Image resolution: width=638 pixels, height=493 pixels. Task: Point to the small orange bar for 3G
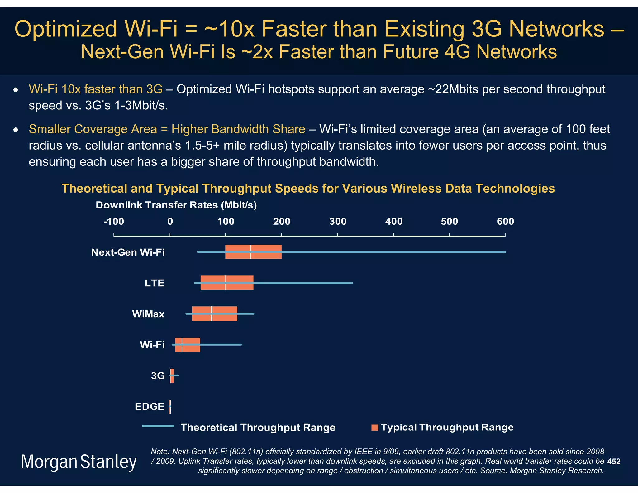[x=172, y=376]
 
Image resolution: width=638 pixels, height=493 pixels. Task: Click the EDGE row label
[x=149, y=406]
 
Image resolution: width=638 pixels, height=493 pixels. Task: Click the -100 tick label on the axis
[x=114, y=222]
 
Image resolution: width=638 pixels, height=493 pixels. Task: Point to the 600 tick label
[x=505, y=222]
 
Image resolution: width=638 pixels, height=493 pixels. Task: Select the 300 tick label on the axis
[x=338, y=222]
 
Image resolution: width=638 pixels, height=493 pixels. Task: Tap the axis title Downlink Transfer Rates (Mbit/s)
[x=176, y=205]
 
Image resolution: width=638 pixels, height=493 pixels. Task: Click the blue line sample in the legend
[x=158, y=426]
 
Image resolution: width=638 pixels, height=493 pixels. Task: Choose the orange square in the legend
[x=374, y=428]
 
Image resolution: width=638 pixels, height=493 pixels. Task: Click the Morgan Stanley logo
[x=79, y=462]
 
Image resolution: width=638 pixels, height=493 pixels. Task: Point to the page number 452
[x=613, y=462]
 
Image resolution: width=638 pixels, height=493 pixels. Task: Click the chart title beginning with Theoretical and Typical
[x=308, y=189]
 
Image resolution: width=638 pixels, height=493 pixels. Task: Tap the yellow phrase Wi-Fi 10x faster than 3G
[x=95, y=89]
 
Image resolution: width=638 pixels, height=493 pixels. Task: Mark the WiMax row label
[x=148, y=314]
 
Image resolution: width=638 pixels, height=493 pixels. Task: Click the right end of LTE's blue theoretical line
[x=352, y=283]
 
